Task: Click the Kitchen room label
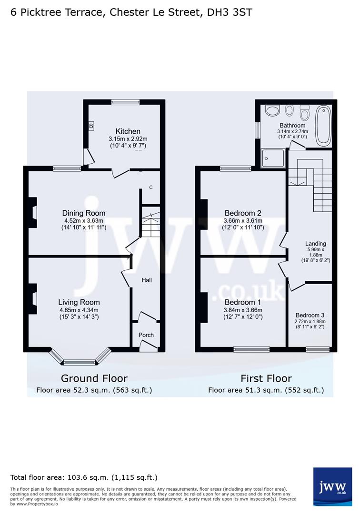(x=128, y=131)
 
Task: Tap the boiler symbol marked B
(x=91, y=126)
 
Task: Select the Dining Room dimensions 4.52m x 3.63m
(x=84, y=221)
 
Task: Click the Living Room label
(x=79, y=302)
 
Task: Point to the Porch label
(x=146, y=335)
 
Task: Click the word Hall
(x=147, y=280)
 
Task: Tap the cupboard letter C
(x=151, y=188)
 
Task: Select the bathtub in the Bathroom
(x=323, y=126)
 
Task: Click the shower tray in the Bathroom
(x=273, y=158)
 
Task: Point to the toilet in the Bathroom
(x=305, y=112)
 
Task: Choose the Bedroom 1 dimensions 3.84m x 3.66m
(x=243, y=310)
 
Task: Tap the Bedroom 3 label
(x=310, y=316)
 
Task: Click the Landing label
(x=315, y=244)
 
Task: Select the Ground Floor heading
(x=94, y=378)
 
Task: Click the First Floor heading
(x=266, y=378)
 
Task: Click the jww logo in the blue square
(x=332, y=486)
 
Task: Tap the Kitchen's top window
(x=125, y=102)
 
